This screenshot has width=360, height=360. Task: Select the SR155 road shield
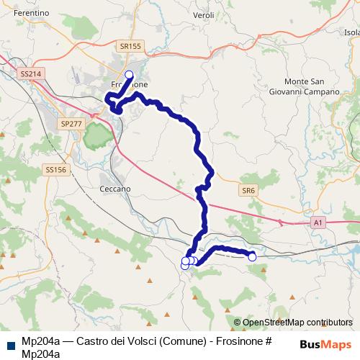[x=131, y=46]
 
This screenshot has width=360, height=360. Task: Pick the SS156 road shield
[x=55, y=170]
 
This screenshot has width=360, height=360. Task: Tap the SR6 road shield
[x=248, y=189]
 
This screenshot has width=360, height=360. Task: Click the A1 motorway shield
[x=318, y=224]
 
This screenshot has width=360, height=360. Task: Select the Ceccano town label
[x=114, y=189]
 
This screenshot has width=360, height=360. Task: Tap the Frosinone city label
[x=130, y=84]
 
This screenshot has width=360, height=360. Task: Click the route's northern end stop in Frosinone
[x=130, y=74]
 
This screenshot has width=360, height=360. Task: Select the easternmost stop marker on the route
[x=252, y=256]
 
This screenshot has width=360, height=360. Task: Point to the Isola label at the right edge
[x=352, y=32]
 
